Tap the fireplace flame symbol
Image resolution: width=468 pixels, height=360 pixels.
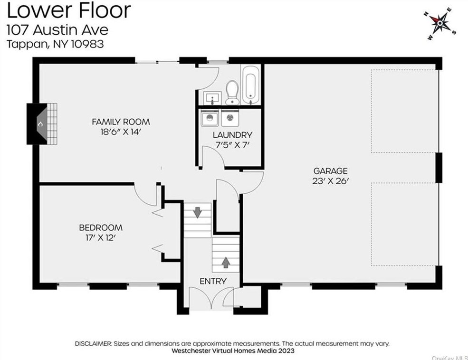pyautogui.click(x=40, y=124)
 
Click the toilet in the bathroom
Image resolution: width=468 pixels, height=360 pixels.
pyautogui.click(x=232, y=93)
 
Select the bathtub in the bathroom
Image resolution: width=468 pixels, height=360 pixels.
pyautogui.click(x=250, y=85)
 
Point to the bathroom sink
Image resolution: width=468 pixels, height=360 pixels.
pyautogui.click(x=212, y=98)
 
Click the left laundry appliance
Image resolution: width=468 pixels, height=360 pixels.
pyautogui.click(x=210, y=118)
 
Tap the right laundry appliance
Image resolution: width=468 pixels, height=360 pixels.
pyautogui.click(x=230, y=118)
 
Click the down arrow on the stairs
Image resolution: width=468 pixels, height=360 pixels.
pyautogui.click(x=197, y=212)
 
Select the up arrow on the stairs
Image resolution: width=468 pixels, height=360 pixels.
pyautogui.click(x=226, y=262)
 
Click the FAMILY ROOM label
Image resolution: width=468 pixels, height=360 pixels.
pyautogui.click(x=121, y=122)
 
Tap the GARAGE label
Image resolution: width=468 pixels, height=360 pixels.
pyautogui.click(x=330, y=171)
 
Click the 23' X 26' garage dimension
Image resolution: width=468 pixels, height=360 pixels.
pyautogui.click(x=330, y=181)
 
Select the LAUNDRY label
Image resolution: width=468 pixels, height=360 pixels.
pyautogui.click(x=232, y=135)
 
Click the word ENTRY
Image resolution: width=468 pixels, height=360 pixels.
pyautogui.click(x=213, y=281)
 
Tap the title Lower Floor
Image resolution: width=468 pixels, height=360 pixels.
pyautogui.click(x=68, y=10)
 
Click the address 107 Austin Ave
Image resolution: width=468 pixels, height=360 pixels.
pyautogui.click(x=57, y=30)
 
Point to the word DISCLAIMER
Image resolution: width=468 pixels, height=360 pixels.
pyautogui.click(x=93, y=343)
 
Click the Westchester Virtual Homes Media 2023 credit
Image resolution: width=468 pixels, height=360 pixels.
pyautogui.click(x=233, y=351)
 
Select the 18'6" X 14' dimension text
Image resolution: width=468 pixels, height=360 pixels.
pyautogui.click(x=121, y=132)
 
